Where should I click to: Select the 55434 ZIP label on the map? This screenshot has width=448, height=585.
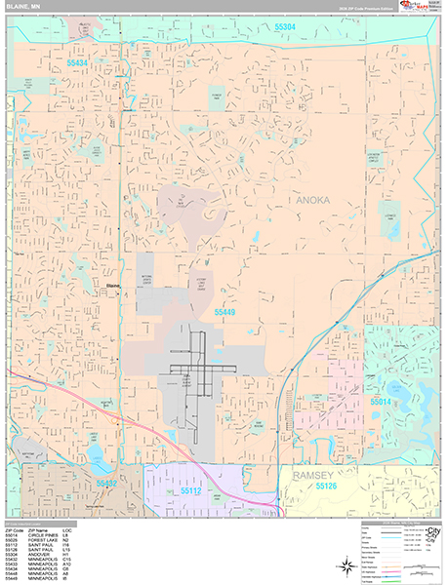click(x=78, y=62)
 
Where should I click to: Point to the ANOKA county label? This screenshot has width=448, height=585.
click(x=313, y=200)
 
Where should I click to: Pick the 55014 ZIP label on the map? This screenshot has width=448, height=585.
click(x=380, y=401)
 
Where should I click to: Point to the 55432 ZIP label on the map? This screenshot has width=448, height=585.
click(x=106, y=482)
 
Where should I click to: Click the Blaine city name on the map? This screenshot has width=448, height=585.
click(x=112, y=285)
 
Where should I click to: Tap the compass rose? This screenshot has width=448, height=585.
click(x=346, y=565)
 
